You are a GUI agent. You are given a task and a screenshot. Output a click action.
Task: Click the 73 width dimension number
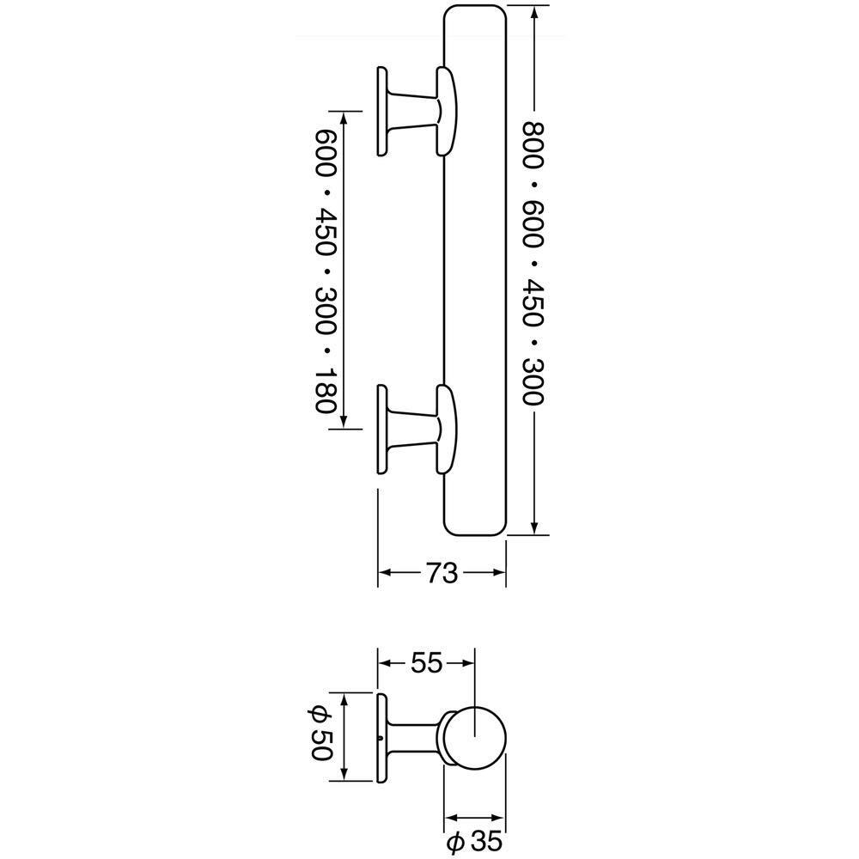pos(442,573)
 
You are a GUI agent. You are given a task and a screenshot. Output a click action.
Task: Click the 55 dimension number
pos(426,663)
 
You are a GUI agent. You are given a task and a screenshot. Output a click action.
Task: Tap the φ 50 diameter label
pos(320,733)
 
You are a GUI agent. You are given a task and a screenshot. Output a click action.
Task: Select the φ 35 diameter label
pos(474,842)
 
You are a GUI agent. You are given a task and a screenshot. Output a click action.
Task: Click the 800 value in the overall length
pos(533,144)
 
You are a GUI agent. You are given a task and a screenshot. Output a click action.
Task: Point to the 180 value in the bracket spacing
pos(326,390)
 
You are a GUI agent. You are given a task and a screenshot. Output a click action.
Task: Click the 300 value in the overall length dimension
pos(533,381)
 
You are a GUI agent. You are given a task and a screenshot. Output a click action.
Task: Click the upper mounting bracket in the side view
pos(416,111)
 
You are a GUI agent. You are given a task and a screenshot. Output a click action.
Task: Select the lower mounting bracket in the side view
pos(416,429)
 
